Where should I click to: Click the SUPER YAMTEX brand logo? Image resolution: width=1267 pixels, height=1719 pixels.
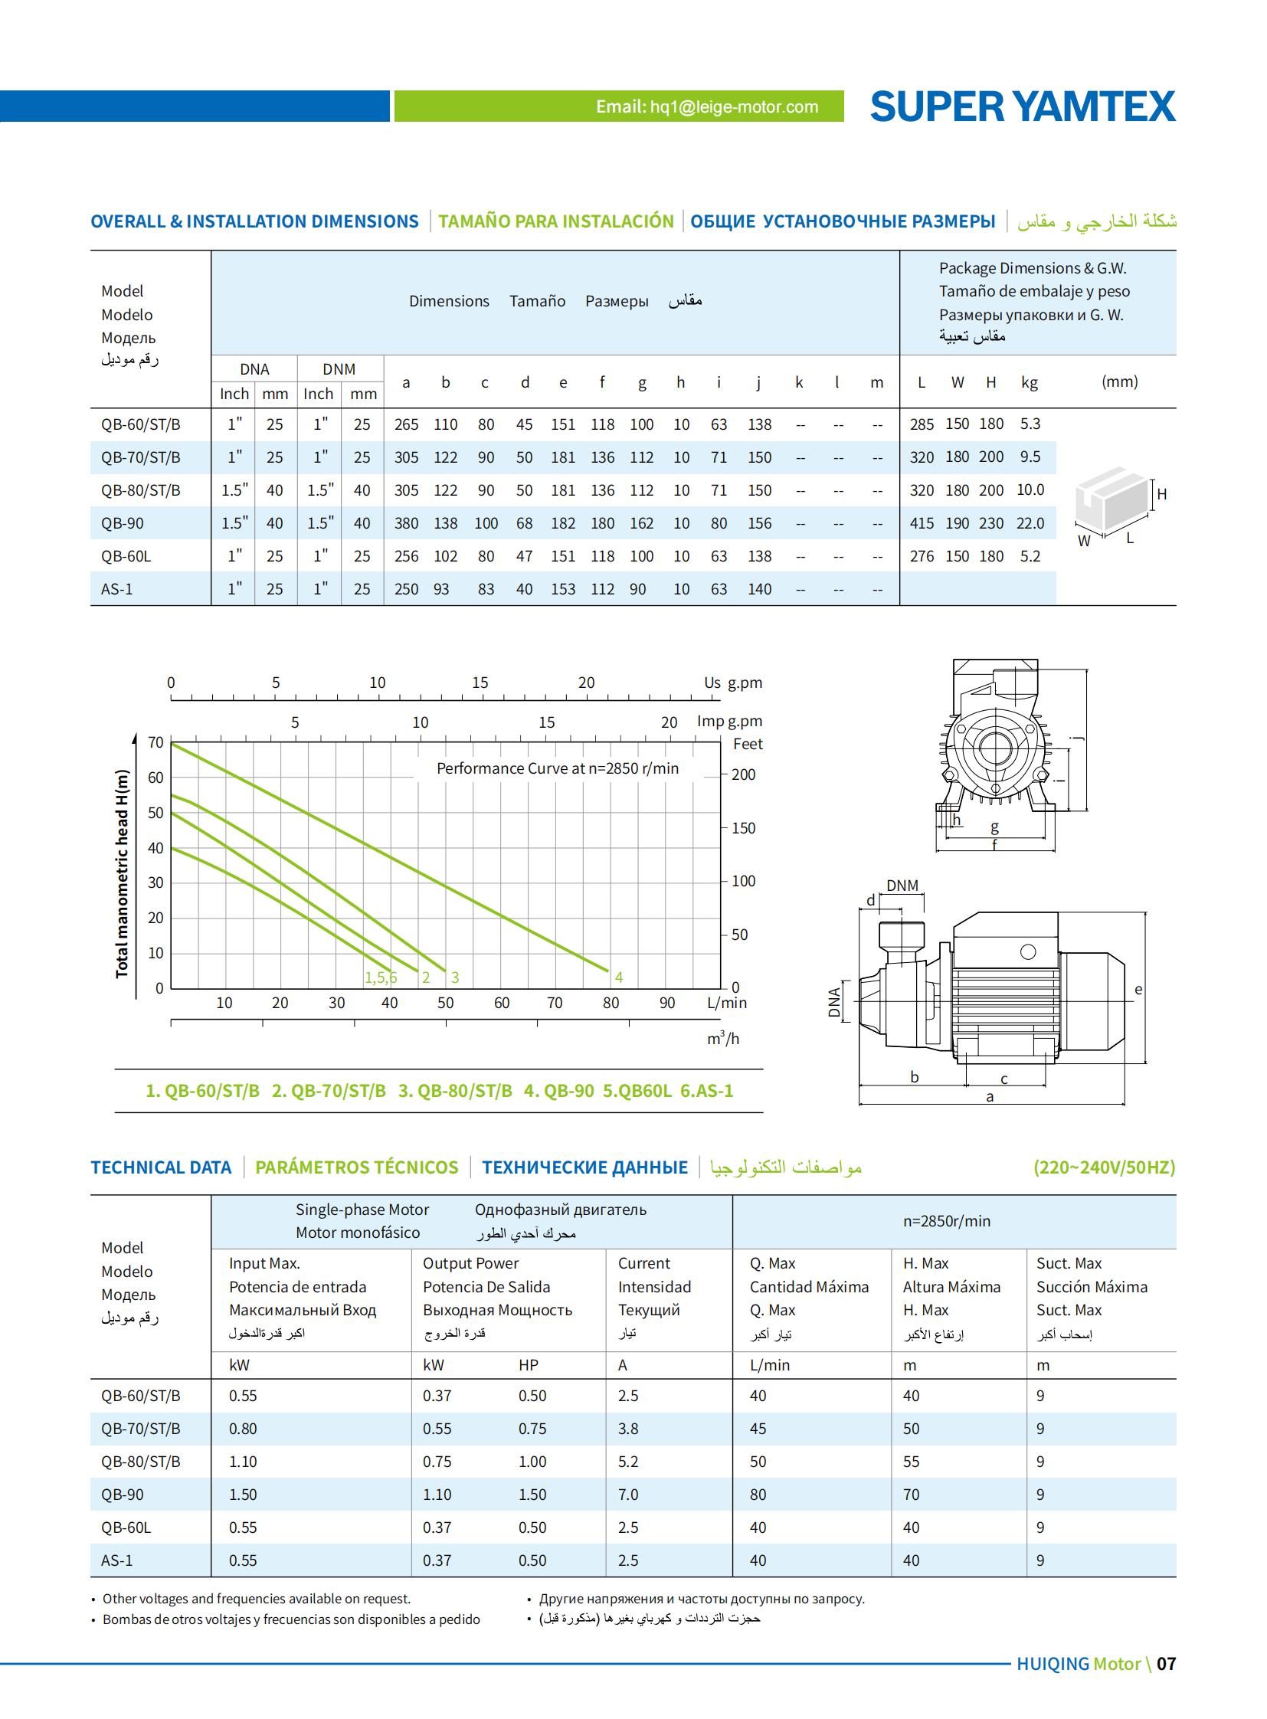point(1022,106)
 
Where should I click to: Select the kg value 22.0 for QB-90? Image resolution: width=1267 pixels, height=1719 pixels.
point(1030,523)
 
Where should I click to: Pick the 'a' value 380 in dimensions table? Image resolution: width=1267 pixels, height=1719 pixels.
point(406,523)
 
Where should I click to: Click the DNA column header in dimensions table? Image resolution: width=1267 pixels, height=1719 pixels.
point(254,369)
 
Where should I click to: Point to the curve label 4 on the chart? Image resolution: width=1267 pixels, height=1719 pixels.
point(618,977)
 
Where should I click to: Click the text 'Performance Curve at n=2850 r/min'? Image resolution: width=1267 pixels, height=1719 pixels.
point(558,768)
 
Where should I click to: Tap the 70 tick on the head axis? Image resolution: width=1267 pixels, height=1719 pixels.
point(156,742)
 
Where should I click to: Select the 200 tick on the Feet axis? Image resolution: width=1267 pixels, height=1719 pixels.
point(743,774)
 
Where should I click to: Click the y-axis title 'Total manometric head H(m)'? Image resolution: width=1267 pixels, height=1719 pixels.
point(122,873)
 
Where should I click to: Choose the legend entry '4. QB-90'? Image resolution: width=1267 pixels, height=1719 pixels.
point(558,1091)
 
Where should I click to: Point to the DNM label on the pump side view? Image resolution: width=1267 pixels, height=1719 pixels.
point(902,886)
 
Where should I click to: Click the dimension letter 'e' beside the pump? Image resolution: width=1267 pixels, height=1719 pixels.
point(1138,990)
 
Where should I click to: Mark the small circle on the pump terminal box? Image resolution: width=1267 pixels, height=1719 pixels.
point(1028,952)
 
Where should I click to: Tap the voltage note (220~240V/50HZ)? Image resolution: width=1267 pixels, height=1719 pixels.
point(1104,1167)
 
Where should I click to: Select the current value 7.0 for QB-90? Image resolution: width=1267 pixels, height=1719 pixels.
point(628,1495)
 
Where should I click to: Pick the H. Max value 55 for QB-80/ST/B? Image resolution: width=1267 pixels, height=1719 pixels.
point(910,1462)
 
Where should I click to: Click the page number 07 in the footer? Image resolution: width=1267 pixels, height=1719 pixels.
point(1166,1664)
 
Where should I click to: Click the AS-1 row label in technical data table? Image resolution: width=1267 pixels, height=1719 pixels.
point(116,1560)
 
